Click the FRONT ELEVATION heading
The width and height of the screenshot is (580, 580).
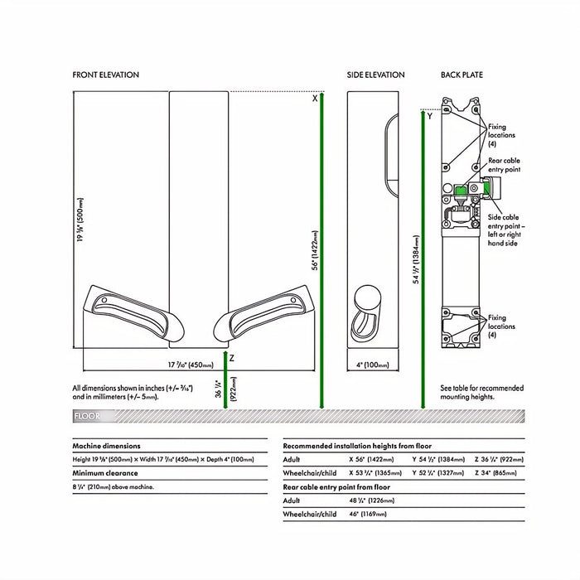(x=106, y=75)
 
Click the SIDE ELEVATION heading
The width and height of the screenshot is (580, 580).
(x=375, y=75)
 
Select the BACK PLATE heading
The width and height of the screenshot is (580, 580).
(x=462, y=75)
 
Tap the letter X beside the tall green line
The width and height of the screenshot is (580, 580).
(x=315, y=99)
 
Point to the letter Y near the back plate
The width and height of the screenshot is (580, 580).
(x=429, y=117)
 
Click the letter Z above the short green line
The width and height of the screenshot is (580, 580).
(x=232, y=358)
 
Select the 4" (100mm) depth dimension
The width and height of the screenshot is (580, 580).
(x=369, y=365)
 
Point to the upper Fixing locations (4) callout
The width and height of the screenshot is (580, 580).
(x=502, y=134)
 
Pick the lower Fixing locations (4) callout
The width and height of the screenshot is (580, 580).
(x=502, y=326)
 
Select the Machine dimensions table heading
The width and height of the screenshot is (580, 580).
(x=107, y=446)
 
